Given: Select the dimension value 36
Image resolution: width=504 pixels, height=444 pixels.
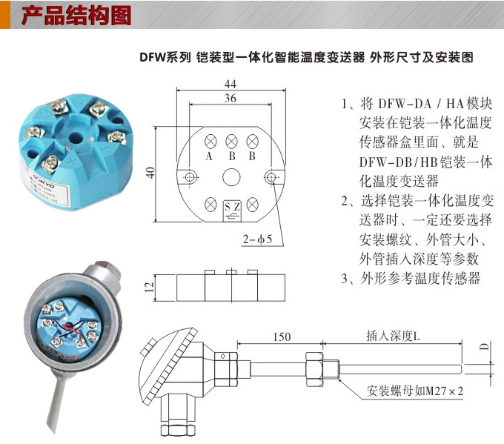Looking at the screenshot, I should point(231,98).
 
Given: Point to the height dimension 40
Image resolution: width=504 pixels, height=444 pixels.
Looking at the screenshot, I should point(151,172).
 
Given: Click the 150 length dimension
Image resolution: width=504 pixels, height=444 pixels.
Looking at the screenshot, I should point(281,337).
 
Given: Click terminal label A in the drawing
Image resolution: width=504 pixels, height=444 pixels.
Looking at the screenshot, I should point(210,156).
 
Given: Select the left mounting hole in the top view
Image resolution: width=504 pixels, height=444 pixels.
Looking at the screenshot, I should point(190,176).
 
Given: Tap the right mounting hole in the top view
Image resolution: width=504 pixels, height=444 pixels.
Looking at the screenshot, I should point(272,176).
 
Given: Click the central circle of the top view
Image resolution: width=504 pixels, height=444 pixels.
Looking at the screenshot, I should point(231,176).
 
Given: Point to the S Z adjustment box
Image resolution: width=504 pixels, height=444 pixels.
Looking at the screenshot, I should point(231,208).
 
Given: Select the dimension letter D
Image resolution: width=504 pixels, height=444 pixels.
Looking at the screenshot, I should point(483,347).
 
